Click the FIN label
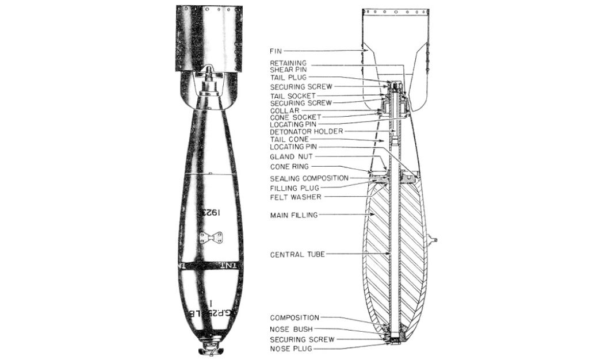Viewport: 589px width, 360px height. click(276, 51)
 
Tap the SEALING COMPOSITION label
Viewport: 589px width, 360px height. click(309, 178)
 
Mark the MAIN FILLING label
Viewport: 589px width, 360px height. click(294, 215)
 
